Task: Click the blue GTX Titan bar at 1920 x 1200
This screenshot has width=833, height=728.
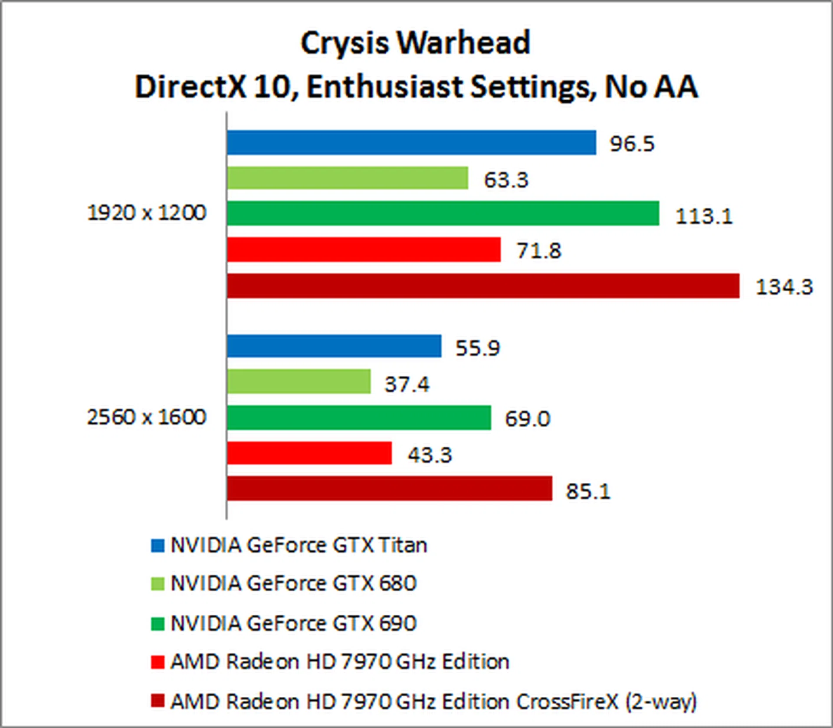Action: coord(411,142)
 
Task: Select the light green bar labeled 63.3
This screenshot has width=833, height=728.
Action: coord(347,178)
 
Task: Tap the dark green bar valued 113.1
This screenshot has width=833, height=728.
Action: coord(443,213)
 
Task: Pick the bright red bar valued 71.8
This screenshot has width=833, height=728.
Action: coord(364,250)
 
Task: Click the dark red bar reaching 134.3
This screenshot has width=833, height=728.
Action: coord(483,286)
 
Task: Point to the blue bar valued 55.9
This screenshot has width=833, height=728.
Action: coord(334,346)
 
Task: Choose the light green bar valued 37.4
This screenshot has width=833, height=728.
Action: coord(298,382)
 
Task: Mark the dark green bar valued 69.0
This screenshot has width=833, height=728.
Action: coord(359,418)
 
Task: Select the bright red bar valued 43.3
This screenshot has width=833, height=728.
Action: coord(309,453)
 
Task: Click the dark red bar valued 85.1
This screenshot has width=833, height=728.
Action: coord(389,488)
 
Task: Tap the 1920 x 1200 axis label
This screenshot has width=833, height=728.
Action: coord(147,213)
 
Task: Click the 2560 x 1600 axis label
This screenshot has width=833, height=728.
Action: coord(147,417)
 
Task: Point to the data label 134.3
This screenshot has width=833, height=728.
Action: coord(784,287)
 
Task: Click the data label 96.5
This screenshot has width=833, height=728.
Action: coord(632,144)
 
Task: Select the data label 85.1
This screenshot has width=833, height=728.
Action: coord(588,491)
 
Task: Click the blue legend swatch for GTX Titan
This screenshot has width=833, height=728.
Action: coord(157,546)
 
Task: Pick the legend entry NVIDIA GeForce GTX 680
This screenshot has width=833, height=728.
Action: coord(293,583)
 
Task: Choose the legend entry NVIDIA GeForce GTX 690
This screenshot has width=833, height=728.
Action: coord(293,623)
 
